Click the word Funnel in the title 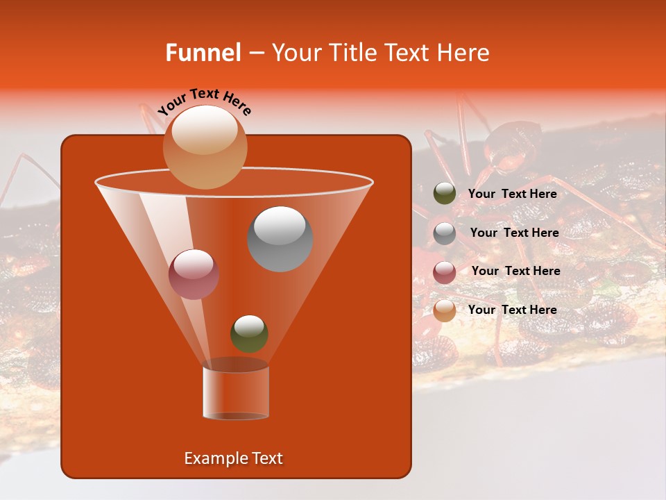[203, 53]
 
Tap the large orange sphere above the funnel [205, 147]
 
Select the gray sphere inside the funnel [280, 238]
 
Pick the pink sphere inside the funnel [194, 274]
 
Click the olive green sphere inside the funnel [249, 333]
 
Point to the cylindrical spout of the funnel [235, 392]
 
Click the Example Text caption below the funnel [233, 458]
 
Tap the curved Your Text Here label [204, 101]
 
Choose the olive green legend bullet [444, 194]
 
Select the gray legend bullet [444, 233]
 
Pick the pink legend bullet [444, 272]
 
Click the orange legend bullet [444, 310]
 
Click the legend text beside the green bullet [512, 194]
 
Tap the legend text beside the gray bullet [514, 233]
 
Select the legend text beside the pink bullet [515, 271]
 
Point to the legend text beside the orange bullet [512, 310]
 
